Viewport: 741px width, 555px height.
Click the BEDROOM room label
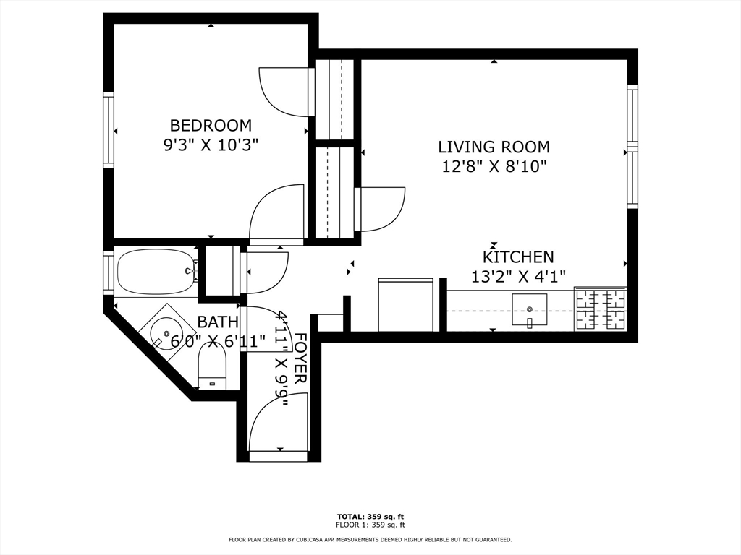(211, 126)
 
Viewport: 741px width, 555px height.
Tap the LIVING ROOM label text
(494, 147)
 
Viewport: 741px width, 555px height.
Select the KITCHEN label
(518, 257)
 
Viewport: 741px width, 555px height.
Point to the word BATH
(217, 322)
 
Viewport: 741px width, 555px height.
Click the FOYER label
(300, 358)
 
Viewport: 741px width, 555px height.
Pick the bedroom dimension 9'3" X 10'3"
(211, 145)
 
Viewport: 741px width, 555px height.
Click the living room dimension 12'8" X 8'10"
(494, 166)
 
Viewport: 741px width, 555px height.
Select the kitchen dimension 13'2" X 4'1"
(518, 275)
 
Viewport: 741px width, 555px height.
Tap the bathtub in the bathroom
(156, 272)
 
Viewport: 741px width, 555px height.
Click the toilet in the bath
(212, 366)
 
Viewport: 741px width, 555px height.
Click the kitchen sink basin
(529, 309)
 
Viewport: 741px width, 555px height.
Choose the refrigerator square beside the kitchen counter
(406, 305)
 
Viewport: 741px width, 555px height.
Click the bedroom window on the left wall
(109, 130)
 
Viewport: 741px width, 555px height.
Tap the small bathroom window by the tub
(109, 272)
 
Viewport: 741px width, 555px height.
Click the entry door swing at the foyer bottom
(278, 422)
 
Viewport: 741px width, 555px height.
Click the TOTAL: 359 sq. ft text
(370, 516)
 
